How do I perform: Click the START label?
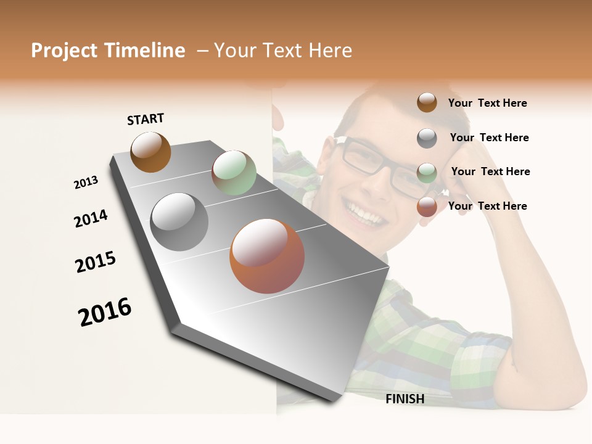(x=146, y=119)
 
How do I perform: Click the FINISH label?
(x=405, y=399)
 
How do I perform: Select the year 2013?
(x=86, y=183)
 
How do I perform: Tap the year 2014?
(x=91, y=218)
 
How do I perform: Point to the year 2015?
(x=96, y=262)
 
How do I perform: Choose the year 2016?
(x=105, y=312)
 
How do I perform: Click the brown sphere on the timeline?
(x=150, y=152)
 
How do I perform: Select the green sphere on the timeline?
(x=234, y=173)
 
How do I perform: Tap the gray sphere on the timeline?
(x=179, y=222)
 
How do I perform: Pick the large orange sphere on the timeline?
(x=267, y=256)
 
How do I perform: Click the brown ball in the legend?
(x=427, y=102)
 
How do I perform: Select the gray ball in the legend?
(x=427, y=138)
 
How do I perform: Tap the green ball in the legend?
(x=427, y=173)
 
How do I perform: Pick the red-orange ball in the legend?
(x=427, y=207)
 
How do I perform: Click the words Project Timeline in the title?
(x=108, y=51)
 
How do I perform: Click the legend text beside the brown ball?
(x=487, y=103)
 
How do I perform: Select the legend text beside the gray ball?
(x=489, y=138)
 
